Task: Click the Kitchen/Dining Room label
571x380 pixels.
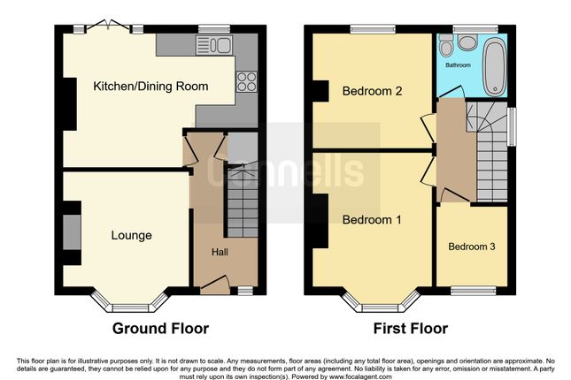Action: (150, 87)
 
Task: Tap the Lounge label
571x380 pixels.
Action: (131, 236)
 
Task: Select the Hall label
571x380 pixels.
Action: (220, 252)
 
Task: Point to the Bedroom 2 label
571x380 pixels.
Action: (372, 90)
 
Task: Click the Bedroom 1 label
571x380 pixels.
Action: (372, 220)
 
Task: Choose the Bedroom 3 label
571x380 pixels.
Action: (472, 247)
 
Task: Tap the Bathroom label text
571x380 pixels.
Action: (458, 65)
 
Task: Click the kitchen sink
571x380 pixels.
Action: (214, 45)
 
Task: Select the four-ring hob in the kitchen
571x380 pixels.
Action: (246, 81)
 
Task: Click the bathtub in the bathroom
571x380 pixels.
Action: (495, 66)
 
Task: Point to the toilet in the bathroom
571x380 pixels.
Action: (445, 45)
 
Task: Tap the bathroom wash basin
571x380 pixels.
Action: (467, 42)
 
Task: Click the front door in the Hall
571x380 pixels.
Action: (215, 285)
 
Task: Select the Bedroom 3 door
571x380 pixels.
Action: (454, 196)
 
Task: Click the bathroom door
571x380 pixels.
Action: (451, 92)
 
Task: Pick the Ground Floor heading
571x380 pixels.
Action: (160, 329)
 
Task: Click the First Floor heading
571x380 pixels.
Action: (411, 329)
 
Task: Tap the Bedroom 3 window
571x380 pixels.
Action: (474, 290)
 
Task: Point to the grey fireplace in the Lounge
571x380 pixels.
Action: (72, 232)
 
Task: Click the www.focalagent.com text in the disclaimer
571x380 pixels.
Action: (360, 376)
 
